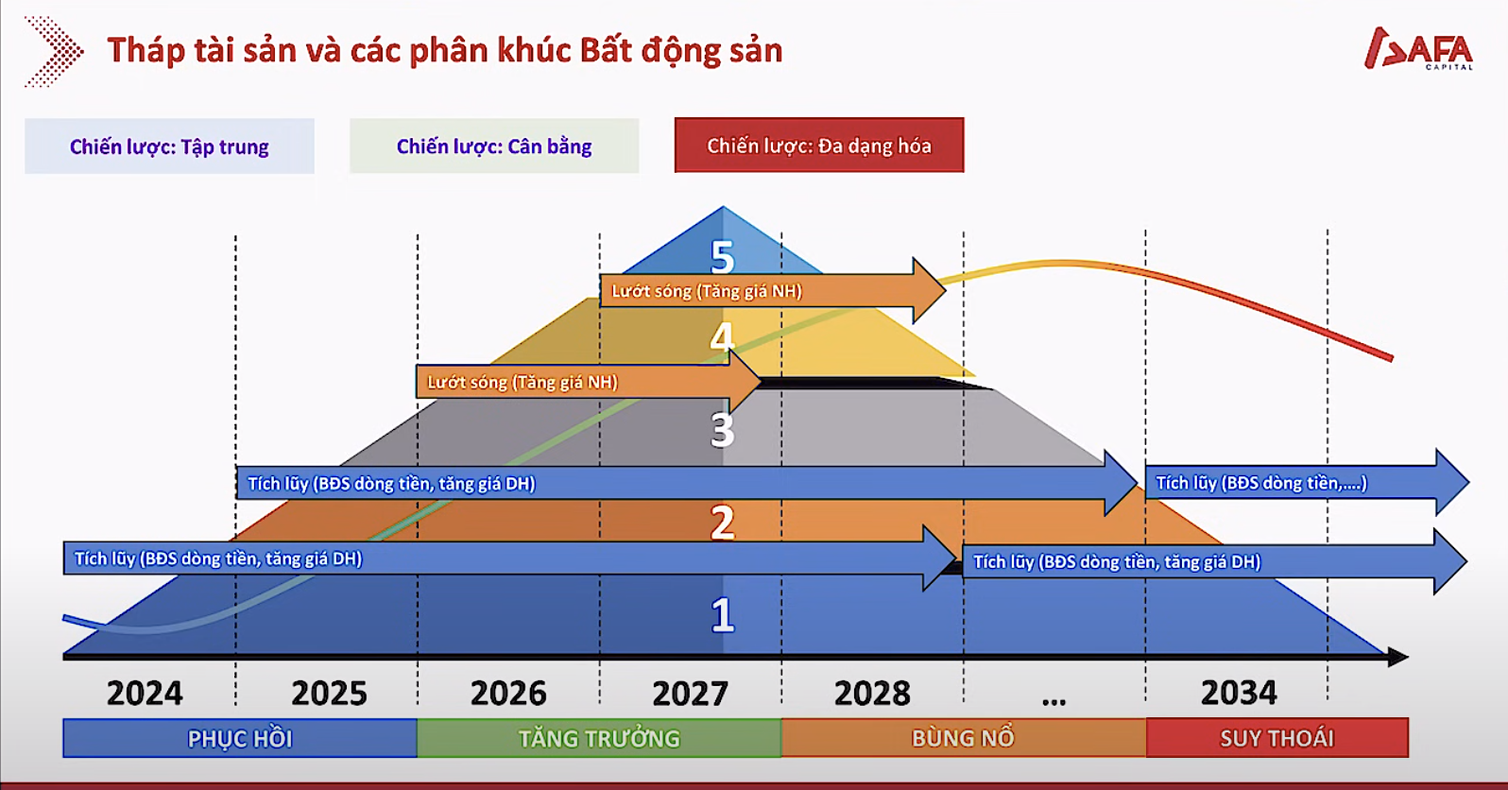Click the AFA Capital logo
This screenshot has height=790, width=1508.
1418,48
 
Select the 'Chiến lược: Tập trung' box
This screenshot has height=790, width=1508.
170,146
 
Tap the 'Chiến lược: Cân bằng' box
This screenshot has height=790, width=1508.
494,146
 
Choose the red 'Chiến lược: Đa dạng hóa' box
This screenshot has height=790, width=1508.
819,146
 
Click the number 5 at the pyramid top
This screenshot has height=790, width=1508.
723,257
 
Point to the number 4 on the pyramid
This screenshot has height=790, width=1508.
723,336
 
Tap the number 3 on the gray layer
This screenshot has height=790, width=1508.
723,430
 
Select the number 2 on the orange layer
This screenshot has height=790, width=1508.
723,522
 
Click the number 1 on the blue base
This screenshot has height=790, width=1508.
723,615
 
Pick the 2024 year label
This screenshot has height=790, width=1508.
145,693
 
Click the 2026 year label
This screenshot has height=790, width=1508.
508,693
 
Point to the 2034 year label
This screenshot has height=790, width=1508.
1239,693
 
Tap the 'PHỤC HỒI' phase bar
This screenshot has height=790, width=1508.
240,738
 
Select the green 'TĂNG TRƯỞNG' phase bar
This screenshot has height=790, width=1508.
599,738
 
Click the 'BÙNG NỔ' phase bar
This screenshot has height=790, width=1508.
964,738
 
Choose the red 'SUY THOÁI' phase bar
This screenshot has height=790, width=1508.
1277,738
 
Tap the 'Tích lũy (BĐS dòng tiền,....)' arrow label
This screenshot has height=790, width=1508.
1261,483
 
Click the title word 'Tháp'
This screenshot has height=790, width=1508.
146,51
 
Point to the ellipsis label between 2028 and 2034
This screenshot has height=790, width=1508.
1054,701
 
